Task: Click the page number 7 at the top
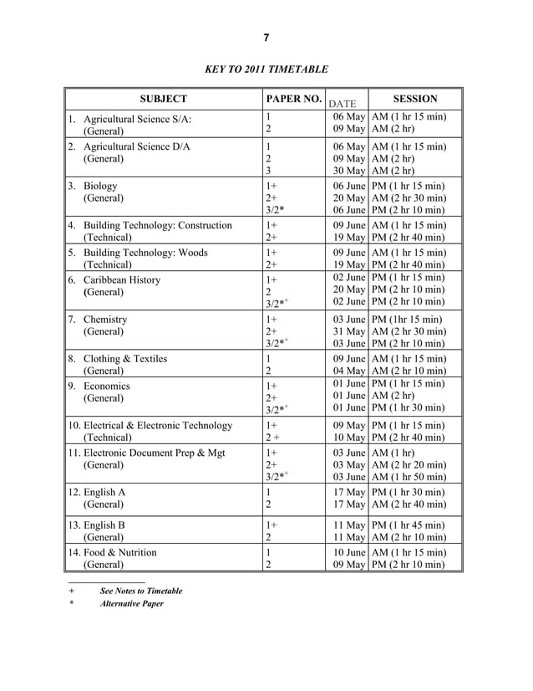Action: pyautogui.click(x=266, y=38)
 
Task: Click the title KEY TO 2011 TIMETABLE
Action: pyautogui.click(x=266, y=69)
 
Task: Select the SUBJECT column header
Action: pyautogui.click(x=164, y=99)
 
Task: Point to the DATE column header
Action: pyautogui.click(x=343, y=104)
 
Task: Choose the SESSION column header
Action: pyautogui.click(x=415, y=99)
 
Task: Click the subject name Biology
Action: pyautogui.click(x=100, y=186)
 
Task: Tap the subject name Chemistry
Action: pyautogui.click(x=105, y=319)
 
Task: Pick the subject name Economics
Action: pyautogui.click(x=107, y=386)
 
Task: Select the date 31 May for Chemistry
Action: pyautogui.click(x=349, y=331)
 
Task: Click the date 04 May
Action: pyautogui.click(x=349, y=371)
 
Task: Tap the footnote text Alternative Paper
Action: pyautogui.click(x=131, y=604)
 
